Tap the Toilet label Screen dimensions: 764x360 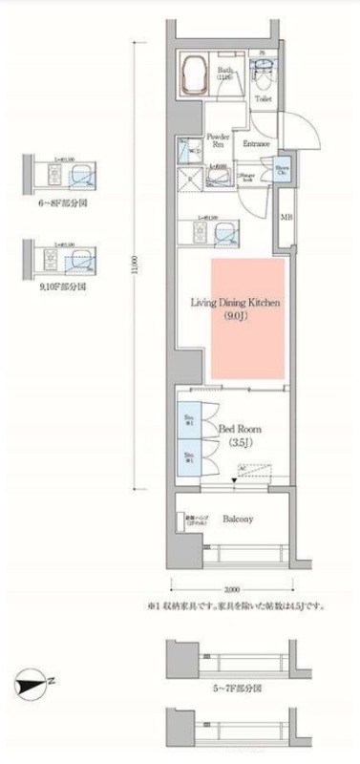(265, 98)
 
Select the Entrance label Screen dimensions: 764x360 (255, 144)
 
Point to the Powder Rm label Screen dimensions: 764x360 (217, 140)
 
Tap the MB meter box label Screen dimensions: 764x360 (285, 219)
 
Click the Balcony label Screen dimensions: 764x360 (238, 519)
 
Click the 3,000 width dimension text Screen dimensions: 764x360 (231, 590)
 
